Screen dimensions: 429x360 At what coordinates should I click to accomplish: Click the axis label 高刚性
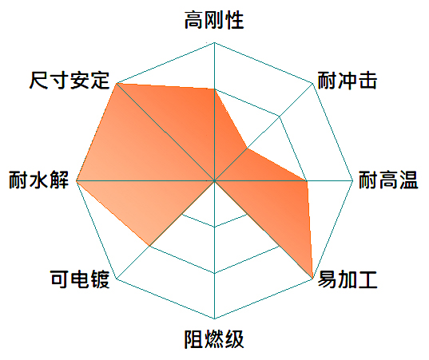pyautogui.click(x=214, y=20)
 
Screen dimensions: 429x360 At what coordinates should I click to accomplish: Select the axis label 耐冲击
pyautogui.click(x=348, y=81)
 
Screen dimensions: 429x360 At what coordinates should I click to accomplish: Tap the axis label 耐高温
pyautogui.click(x=388, y=180)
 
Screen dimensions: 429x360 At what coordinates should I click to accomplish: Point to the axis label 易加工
pyautogui.click(x=348, y=279)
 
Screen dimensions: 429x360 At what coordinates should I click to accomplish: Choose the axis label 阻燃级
pyautogui.click(x=214, y=339)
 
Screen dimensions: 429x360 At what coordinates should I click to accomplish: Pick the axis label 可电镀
pyautogui.click(x=80, y=279)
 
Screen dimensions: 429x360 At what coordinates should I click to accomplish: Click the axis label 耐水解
pyautogui.click(x=38, y=180)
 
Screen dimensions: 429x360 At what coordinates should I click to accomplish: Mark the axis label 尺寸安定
pyautogui.click(x=70, y=81)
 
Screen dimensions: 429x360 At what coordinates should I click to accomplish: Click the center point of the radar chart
pyautogui.click(x=214, y=181)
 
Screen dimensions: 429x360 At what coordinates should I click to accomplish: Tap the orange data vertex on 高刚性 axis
pyautogui.click(x=214, y=89)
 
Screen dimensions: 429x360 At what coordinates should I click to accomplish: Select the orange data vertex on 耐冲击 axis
pyautogui.click(x=247, y=148)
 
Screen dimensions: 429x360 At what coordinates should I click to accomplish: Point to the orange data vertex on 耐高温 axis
pyautogui.click(x=307, y=181)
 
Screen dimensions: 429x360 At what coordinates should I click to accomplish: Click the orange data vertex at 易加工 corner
pyautogui.click(x=312, y=279)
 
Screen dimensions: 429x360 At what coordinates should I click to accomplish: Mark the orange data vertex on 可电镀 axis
pyautogui.click(x=149, y=246)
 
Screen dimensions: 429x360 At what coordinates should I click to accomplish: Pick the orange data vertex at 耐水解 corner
pyautogui.click(x=77, y=181)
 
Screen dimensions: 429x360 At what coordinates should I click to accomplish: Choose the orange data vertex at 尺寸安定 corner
pyautogui.click(x=117, y=83)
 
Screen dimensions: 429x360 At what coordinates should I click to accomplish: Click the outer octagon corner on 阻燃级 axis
pyautogui.click(x=214, y=318)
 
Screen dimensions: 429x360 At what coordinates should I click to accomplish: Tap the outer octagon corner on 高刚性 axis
pyautogui.click(x=214, y=42)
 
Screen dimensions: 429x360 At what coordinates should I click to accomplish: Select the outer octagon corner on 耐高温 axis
pyautogui.click(x=353, y=180)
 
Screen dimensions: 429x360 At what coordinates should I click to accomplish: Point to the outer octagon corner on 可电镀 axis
pyautogui.click(x=117, y=279)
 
